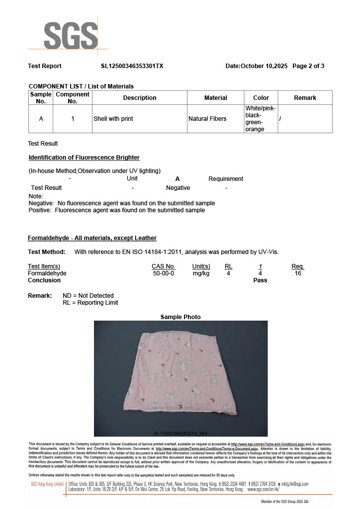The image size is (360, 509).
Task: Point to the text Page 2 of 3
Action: click(308, 66)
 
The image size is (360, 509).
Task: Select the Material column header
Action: click(215, 98)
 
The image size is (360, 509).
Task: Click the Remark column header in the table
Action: click(305, 98)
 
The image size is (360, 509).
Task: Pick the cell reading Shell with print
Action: click(113, 119)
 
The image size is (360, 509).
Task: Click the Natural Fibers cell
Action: click(207, 119)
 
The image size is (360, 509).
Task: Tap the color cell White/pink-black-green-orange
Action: click(261, 119)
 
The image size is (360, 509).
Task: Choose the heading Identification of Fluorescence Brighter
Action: click(84, 158)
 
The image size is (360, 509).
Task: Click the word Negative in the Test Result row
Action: click(178, 188)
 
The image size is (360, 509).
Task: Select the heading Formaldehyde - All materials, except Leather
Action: click(92, 238)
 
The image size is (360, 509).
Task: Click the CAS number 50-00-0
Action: click(163, 273)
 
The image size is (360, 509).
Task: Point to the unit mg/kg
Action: click(201, 273)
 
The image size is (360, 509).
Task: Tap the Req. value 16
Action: click(298, 273)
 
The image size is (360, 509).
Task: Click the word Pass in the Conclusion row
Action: click(260, 280)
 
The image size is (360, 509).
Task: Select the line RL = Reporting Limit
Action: click(90, 303)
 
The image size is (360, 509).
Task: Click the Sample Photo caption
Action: click(180, 317)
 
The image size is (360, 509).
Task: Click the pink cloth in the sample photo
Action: click(179, 373)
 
